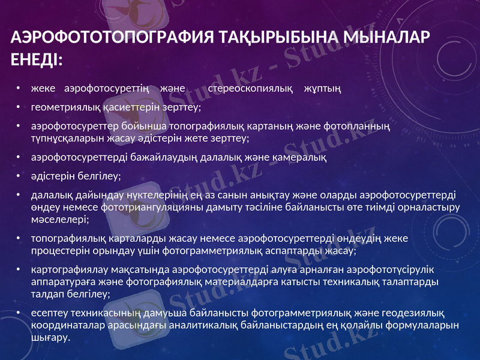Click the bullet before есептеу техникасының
click(x=20, y=313)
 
